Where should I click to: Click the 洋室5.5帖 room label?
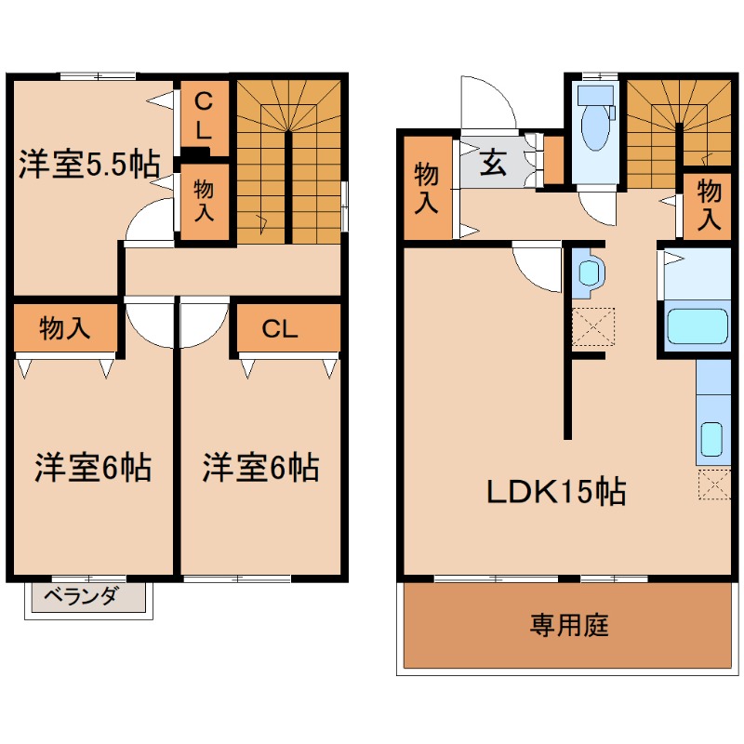89,165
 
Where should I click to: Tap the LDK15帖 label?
556,492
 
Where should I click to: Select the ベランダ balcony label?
80,595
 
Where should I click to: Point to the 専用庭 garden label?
569,625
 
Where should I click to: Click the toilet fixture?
595,119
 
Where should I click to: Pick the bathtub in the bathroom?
697,326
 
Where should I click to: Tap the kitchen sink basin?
711,439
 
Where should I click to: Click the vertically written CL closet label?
204,115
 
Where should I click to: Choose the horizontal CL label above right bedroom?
280,328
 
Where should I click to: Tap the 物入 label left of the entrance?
426,188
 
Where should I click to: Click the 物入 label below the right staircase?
709,205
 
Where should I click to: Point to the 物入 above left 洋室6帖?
64,328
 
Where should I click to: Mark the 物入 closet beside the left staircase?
204,201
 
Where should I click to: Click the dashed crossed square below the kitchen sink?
714,484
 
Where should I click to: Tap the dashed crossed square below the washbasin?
593,326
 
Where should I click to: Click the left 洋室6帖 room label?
93,468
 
